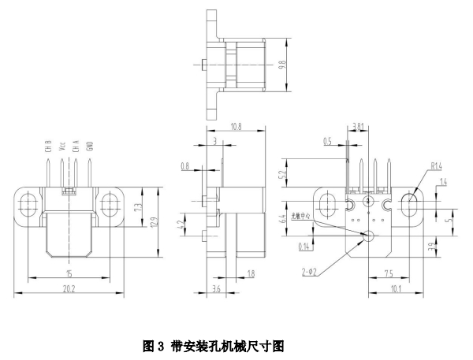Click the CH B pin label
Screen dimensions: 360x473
click(x=47, y=146)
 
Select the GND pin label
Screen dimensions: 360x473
click(x=90, y=146)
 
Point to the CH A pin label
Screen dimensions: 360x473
click(x=76, y=146)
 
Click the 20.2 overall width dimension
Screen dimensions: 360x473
click(x=69, y=289)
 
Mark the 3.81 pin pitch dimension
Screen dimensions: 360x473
click(x=358, y=125)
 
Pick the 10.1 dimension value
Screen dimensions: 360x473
click(x=397, y=289)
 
